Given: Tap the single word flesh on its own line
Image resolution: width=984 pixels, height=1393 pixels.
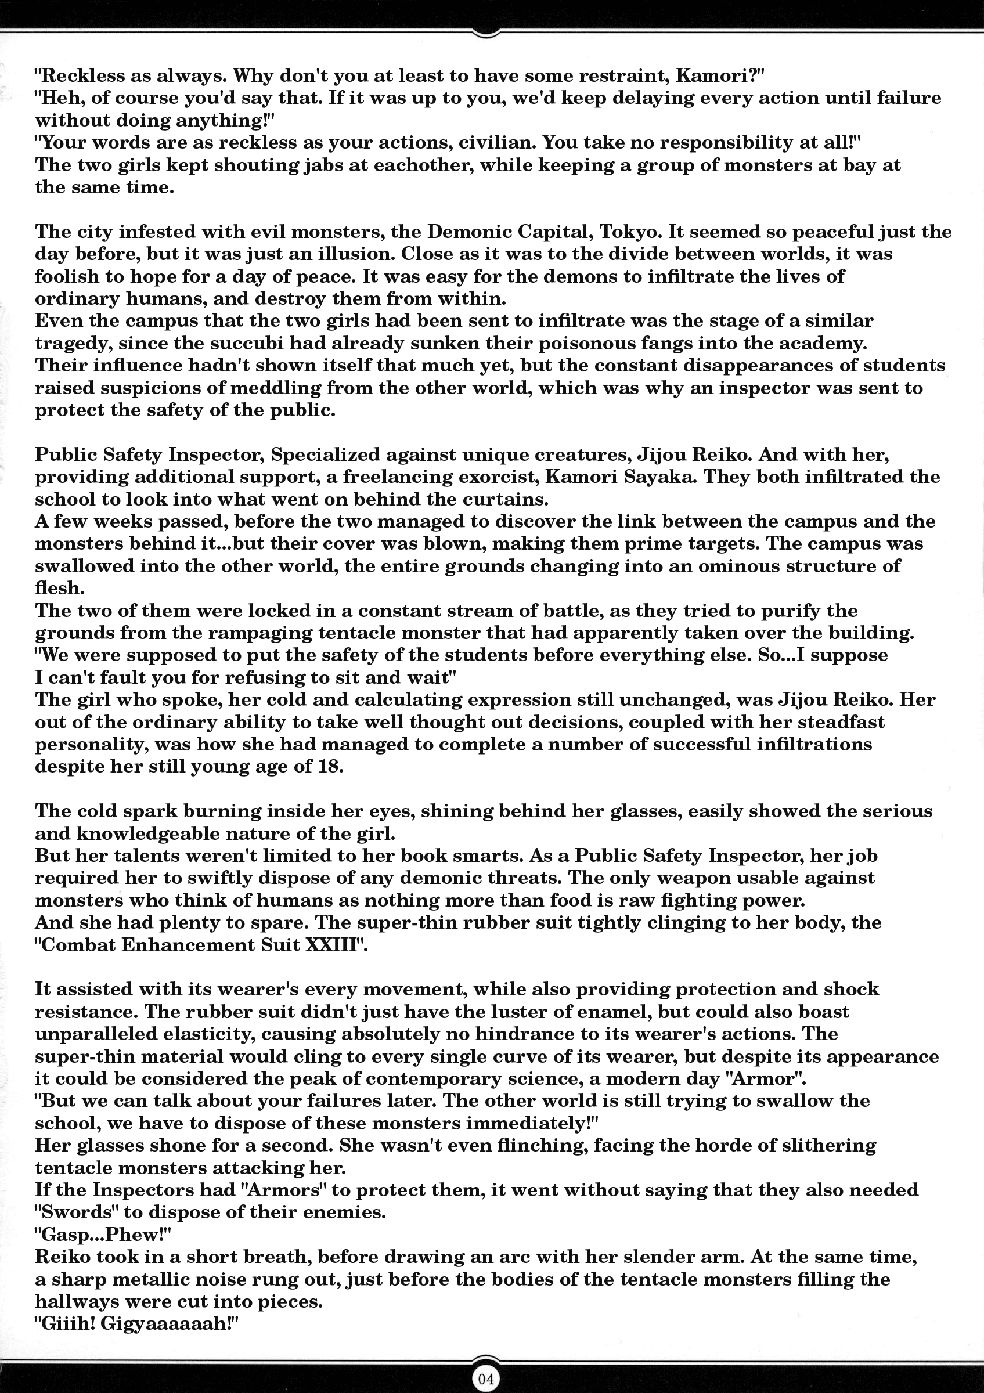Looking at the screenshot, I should (x=57, y=588).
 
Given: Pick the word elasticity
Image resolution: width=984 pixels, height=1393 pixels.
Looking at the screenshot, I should (x=200, y=1034).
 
